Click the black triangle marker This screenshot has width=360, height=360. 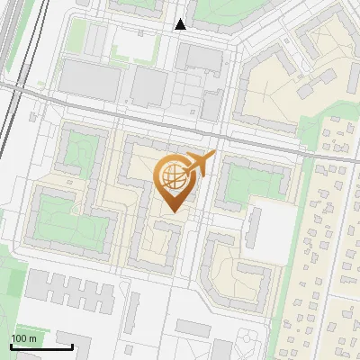[x=181, y=24]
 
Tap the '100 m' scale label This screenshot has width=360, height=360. [x=23, y=338]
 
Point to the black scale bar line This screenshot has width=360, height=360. [x=41, y=346]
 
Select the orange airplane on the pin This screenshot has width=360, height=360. [x=201, y=164]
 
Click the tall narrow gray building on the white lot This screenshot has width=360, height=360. [x=253, y=229]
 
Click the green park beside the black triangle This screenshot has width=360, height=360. [x=216, y=11]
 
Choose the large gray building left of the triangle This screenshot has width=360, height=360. [x=90, y=81]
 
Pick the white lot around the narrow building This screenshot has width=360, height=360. [x=271, y=225]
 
